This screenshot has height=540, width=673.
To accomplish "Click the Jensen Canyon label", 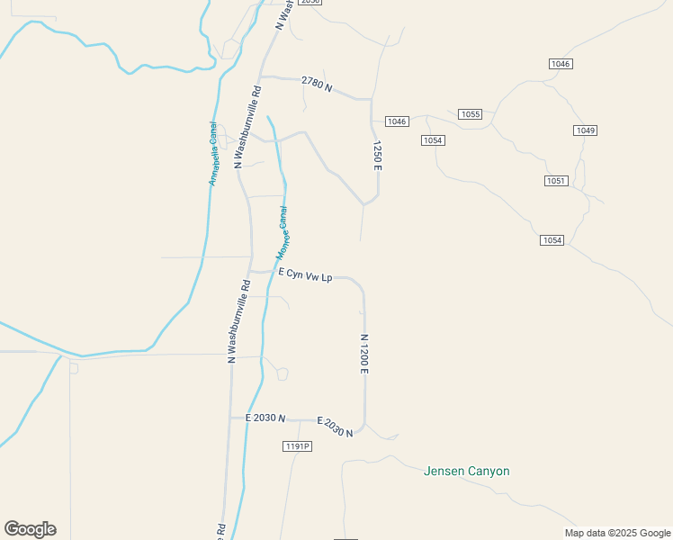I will click(x=466, y=471).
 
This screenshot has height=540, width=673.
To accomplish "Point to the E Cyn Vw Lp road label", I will click(x=306, y=275).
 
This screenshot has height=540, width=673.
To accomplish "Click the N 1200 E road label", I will click(x=364, y=355).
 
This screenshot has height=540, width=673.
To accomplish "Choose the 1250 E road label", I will click(x=378, y=156).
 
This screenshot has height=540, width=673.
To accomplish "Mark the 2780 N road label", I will click(x=317, y=85).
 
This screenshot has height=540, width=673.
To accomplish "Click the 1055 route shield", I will click(x=470, y=114).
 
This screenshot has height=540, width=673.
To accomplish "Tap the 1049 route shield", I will click(x=585, y=130).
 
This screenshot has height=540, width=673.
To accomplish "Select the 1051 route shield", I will click(x=556, y=181).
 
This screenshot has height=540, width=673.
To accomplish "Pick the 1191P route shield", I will click(x=296, y=446).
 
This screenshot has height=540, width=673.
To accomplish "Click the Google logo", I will click(x=30, y=529).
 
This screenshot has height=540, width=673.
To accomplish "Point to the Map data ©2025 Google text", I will click(x=617, y=533).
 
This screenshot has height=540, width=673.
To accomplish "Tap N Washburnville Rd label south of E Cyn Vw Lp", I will click(x=238, y=321).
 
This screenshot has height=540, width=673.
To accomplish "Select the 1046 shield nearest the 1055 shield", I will click(x=397, y=121).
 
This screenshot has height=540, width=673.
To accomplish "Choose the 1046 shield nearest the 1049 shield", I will click(x=561, y=64).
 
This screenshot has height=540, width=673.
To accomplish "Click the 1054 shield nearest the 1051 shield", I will click(x=552, y=239).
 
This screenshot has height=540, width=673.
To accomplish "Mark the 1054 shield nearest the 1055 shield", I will click(x=433, y=139).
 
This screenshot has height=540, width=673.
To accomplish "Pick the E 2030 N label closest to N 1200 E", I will click(x=335, y=427).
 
